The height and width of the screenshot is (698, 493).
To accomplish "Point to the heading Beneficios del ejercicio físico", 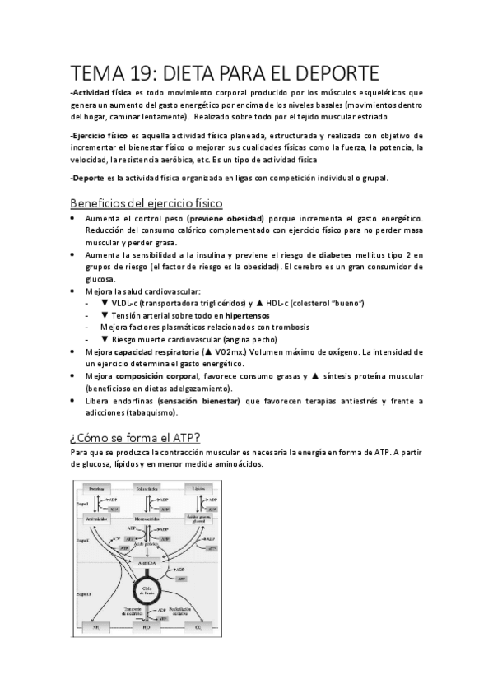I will [146, 202].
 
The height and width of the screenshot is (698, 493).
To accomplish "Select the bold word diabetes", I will [341, 255].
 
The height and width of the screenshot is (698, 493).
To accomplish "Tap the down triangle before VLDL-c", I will [105, 304].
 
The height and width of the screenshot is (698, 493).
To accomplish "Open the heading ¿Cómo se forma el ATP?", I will [135, 436].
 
